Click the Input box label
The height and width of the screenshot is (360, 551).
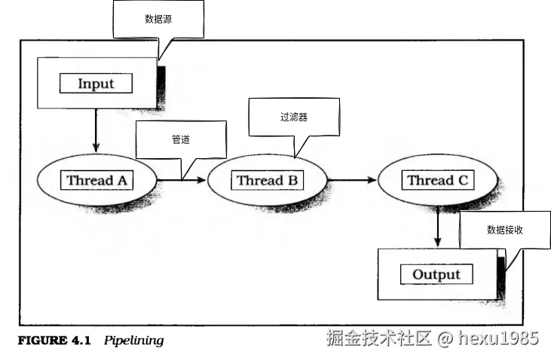pyautogui.click(x=96, y=83)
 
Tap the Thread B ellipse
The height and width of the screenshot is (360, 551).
pyautogui.click(x=267, y=181)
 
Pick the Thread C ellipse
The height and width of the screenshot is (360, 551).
pyautogui.click(x=437, y=181)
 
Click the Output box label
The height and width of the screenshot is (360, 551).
pyautogui.click(x=436, y=274)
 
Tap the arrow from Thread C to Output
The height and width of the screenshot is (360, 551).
pyautogui.click(x=437, y=226)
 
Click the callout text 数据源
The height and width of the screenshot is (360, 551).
pyautogui.click(x=158, y=20)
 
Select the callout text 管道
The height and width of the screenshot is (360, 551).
pyautogui.click(x=180, y=139)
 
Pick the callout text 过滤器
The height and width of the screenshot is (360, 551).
pyautogui.click(x=294, y=117)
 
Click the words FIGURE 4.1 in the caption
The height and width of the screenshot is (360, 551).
pyautogui.click(x=54, y=340)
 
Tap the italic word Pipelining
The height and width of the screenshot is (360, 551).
pyautogui.click(x=133, y=340)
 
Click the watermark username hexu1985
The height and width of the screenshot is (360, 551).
pyautogui.click(x=498, y=338)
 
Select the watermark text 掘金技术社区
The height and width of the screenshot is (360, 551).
pyautogui.click(x=379, y=338)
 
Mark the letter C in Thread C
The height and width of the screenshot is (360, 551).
pyautogui.click(x=462, y=180)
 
